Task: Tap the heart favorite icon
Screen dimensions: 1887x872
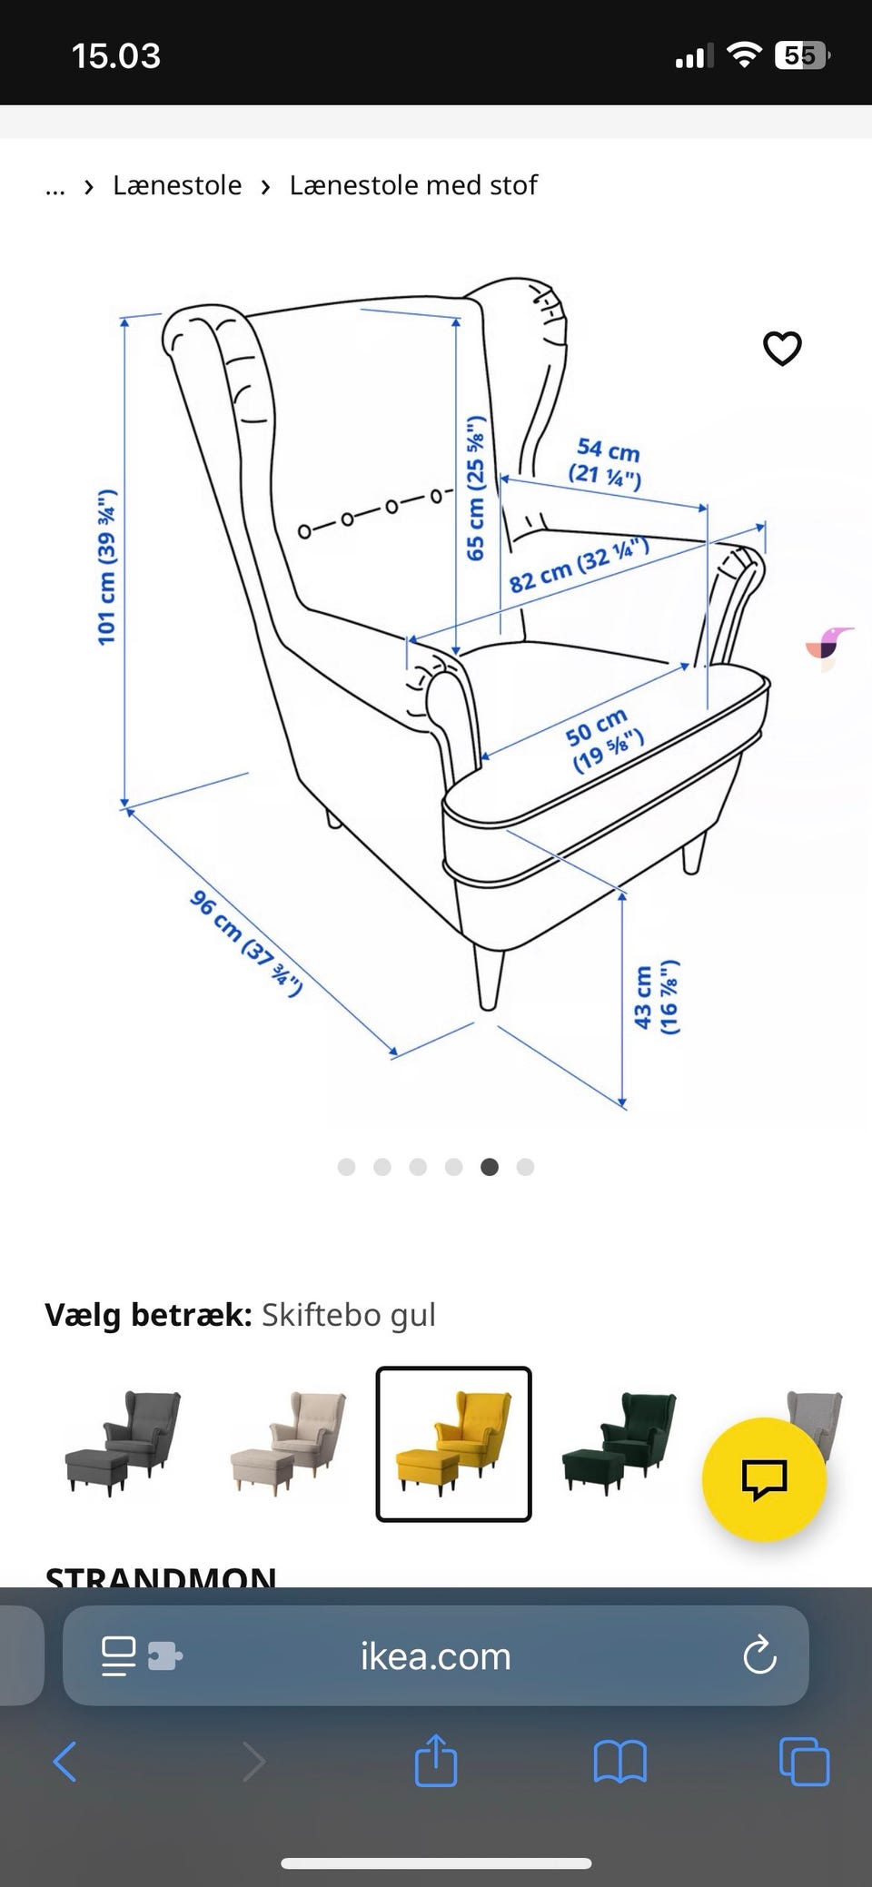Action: (x=782, y=348)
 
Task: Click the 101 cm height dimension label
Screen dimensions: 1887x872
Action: (x=107, y=568)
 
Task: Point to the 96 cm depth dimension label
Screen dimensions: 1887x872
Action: (x=245, y=943)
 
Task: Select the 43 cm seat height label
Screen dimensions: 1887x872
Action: (x=656, y=997)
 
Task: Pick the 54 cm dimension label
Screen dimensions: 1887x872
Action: (x=607, y=462)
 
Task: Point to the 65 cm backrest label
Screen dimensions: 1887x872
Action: (x=476, y=488)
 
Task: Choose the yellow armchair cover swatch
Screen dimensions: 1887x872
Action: (x=453, y=1443)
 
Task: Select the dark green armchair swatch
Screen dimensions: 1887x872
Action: (x=620, y=1443)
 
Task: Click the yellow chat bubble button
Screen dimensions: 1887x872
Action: (x=764, y=1479)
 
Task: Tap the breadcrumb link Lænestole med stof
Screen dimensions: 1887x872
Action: (x=413, y=185)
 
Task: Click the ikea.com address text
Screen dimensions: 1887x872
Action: (x=436, y=1657)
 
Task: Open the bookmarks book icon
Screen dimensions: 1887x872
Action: (x=619, y=1762)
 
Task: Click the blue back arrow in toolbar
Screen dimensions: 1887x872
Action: (x=65, y=1762)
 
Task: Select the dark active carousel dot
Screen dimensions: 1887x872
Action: (x=490, y=1167)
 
